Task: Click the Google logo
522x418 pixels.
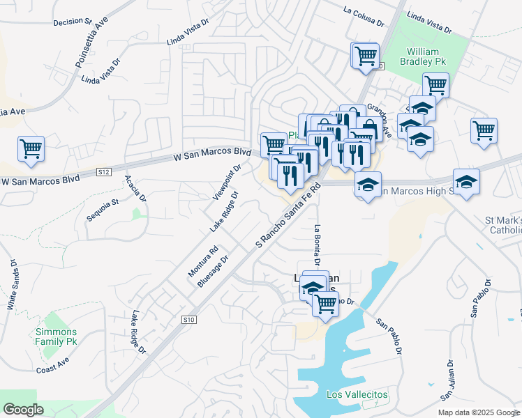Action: (x=23, y=410)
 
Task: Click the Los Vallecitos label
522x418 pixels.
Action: (x=357, y=395)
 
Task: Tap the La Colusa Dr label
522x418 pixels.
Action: (x=364, y=16)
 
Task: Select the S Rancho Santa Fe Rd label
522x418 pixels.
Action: (x=288, y=215)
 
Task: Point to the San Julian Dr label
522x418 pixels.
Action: (x=448, y=380)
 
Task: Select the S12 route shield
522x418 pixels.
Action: (x=104, y=171)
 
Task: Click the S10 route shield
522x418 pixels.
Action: (x=188, y=320)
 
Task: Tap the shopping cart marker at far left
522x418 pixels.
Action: (x=31, y=148)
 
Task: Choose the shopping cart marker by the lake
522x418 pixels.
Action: (x=325, y=302)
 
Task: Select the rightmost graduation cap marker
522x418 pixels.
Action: (x=466, y=182)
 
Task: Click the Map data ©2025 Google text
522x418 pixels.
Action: (x=479, y=412)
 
